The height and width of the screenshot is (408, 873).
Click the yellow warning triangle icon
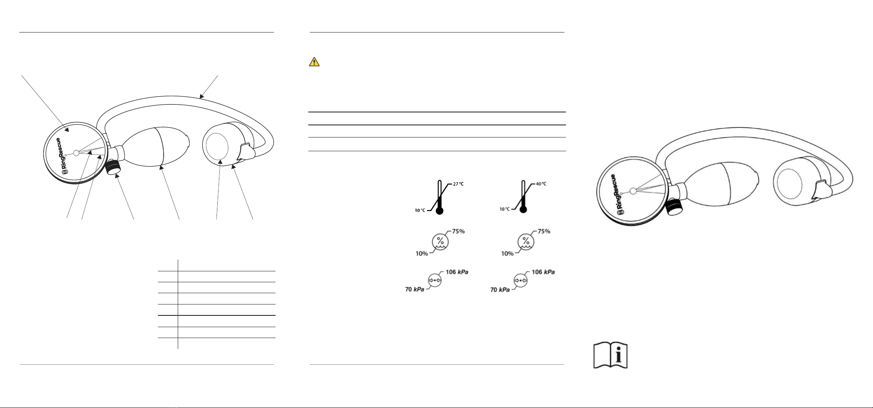[x=314, y=62]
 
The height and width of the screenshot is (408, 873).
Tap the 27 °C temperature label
[x=458, y=184]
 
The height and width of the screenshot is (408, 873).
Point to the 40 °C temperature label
[x=541, y=184]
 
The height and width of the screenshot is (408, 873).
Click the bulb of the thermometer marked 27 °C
[x=440, y=210]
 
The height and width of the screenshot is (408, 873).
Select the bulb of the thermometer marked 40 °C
[x=523, y=209]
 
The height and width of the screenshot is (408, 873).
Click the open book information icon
[x=610, y=356]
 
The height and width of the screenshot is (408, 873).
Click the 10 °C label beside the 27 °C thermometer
[x=420, y=210]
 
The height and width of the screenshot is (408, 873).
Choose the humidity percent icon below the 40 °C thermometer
[x=526, y=241]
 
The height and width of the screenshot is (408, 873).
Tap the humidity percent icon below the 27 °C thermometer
[x=440, y=241]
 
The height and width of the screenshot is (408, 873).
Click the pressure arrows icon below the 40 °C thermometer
[x=520, y=280]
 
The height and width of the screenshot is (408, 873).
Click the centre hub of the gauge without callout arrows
[x=633, y=191]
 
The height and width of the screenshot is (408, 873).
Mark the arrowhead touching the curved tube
[x=201, y=96]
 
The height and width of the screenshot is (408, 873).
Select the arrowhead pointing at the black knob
[x=118, y=175]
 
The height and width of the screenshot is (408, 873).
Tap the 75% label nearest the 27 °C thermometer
[x=458, y=231]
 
